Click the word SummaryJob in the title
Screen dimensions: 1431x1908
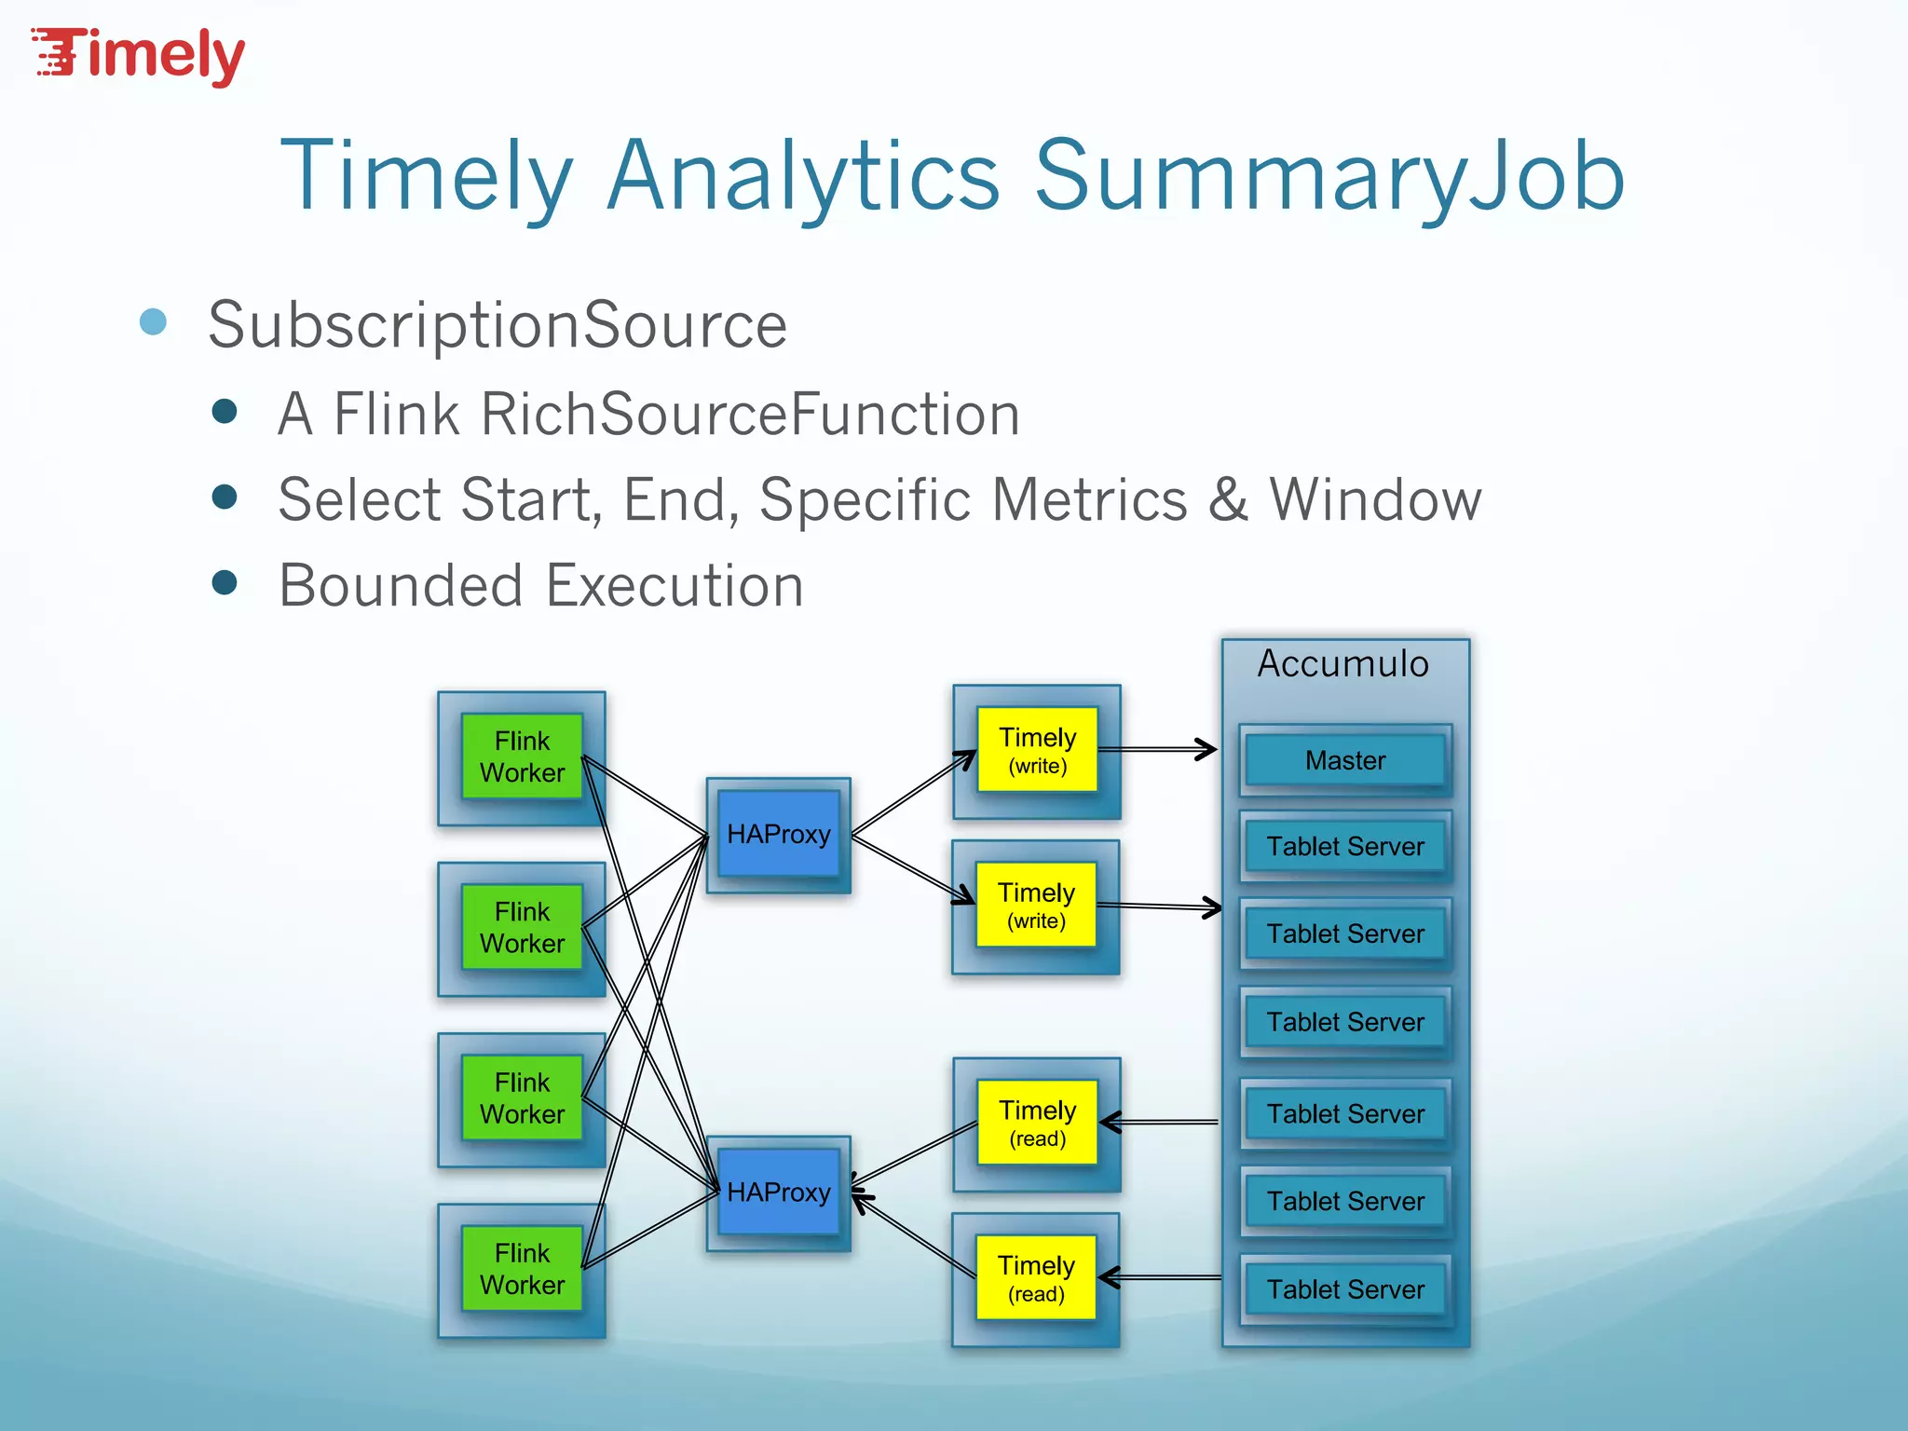point(1329,177)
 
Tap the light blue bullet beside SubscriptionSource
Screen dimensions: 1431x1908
point(153,322)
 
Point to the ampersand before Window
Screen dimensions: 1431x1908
point(1229,499)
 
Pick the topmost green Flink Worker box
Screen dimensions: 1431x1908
point(522,756)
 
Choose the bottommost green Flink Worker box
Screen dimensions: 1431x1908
point(522,1269)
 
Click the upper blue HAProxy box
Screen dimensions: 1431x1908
point(778,834)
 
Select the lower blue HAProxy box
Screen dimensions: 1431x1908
point(778,1192)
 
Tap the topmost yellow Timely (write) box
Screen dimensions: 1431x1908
point(1037,750)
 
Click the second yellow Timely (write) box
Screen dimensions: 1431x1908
point(1036,906)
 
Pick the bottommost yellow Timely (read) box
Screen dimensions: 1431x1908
point(1036,1278)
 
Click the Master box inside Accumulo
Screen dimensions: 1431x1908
point(1344,760)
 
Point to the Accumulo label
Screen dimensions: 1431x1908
point(1342,663)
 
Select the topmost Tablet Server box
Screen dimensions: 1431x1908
point(1344,846)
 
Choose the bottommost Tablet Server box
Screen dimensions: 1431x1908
point(1344,1289)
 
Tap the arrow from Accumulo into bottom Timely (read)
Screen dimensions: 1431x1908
point(1160,1277)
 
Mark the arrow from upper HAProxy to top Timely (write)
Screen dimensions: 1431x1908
point(913,793)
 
